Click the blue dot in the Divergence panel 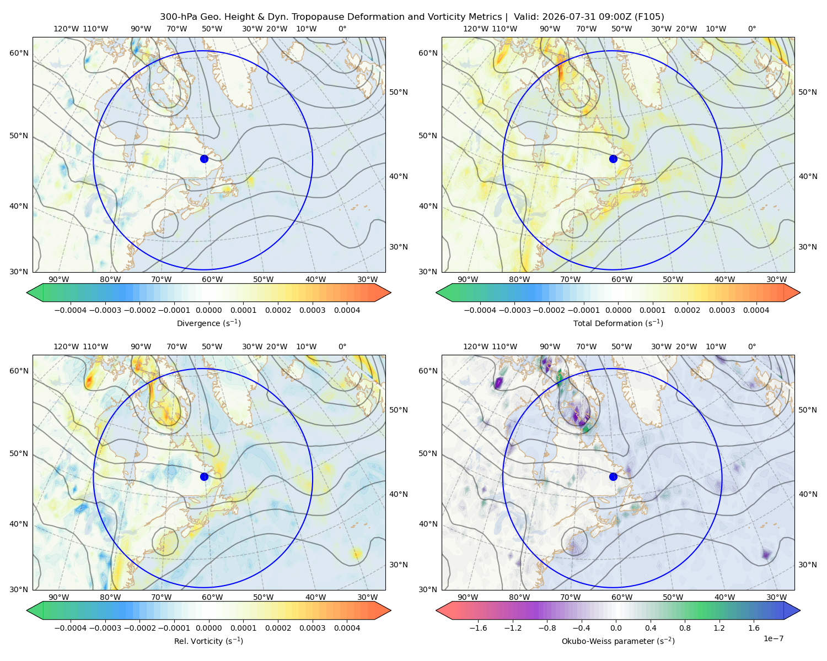[x=204, y=159]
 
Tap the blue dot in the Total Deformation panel [x=613, y=159]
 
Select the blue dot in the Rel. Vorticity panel [x=204, y=476]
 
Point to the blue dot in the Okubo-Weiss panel [x=613, y=476]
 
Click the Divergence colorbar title [x=208, y=323]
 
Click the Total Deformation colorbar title [x=618, y=323]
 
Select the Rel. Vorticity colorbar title [x=208, y=641]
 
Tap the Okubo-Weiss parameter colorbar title [x=618, y=641]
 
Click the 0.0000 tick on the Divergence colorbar [x=208, y=310]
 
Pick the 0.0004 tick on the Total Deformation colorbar [x=756, y=310]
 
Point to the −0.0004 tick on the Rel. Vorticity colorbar [x=71, y=629]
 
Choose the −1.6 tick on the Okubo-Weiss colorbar [x=478, y=629]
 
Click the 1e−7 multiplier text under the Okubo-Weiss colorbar [x=773, y=639]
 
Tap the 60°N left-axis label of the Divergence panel [x=19, y=53]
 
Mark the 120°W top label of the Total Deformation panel [x=476, y=29]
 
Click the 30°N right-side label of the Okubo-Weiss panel [x=808, y=565]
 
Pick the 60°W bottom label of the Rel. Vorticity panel [x=212, y=597]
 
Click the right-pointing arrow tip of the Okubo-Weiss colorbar [x=800, y=611]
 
